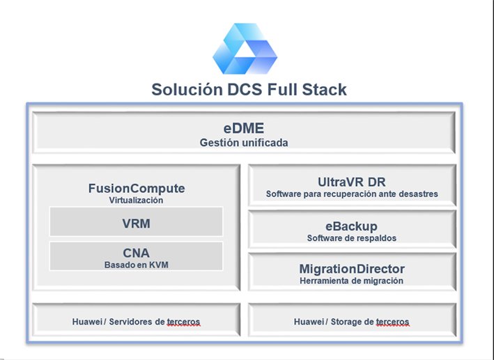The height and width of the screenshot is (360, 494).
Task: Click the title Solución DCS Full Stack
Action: click(249, 90)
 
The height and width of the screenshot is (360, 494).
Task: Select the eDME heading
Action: click(243, 128)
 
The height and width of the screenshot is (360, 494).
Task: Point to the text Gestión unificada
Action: click(243, 143)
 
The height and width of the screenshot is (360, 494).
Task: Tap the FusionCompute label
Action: click(137, 188)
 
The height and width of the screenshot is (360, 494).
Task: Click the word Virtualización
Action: click(136, 200)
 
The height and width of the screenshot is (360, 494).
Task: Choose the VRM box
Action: click(136, 224)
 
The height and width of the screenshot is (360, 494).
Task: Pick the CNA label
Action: click(136, 252)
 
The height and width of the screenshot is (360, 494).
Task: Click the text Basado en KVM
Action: click(136, 264)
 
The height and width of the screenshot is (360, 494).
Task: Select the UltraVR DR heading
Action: click(352, 182)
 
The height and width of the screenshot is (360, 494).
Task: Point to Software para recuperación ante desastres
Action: click(352, 194)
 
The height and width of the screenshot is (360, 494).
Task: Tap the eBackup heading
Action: click(352, 226)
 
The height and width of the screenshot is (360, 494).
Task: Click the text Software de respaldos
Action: click(352, 238)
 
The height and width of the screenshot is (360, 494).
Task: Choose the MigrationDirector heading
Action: click(352, 269)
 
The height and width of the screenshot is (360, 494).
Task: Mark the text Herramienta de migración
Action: click(352, 281)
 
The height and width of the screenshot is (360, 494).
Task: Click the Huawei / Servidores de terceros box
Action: click(136, 322)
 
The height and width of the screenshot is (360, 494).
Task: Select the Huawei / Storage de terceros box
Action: click(352, 322)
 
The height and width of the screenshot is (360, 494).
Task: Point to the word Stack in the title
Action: click(324, 90)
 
